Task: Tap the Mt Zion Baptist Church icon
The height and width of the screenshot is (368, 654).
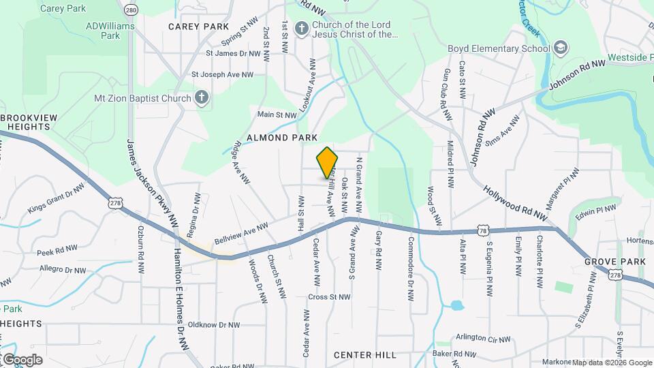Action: point(201,97)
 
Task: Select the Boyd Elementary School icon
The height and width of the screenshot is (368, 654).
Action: point(560,48)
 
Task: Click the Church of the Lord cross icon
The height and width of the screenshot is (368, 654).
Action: point(302,29)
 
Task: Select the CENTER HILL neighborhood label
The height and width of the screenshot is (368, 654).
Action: point(365,355)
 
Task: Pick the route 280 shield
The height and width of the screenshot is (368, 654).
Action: point(131,10)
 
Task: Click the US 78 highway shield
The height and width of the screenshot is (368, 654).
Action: point(482,232)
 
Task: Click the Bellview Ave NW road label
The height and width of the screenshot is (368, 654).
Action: point(241,233)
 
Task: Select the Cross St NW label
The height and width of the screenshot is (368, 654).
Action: point(329,296)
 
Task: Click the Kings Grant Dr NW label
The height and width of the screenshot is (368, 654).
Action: point(57,198)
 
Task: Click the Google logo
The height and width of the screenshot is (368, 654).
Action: point(22,360)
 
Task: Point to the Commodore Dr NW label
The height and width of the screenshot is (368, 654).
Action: point(411,269)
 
